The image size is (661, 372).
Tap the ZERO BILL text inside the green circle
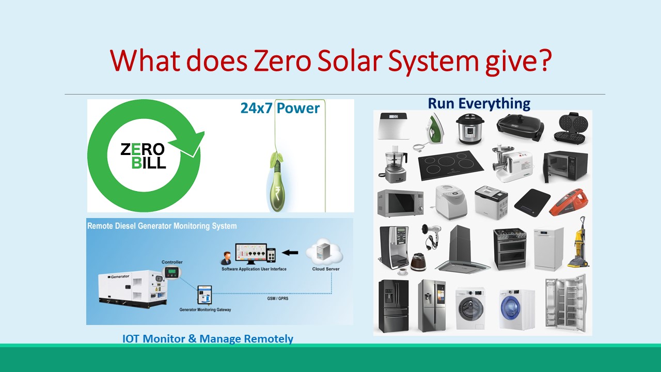click(143, 156)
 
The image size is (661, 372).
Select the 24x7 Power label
click(280, 108)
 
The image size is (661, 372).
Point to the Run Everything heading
click(479, 103)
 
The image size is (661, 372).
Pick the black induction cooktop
click(450, 165)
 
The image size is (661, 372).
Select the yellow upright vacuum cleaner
click(578, 243)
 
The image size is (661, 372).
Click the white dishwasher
click(548, 249)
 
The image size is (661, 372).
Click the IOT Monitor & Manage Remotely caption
click(208, 339)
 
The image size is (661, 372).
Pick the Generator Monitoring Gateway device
click(204, 295)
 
